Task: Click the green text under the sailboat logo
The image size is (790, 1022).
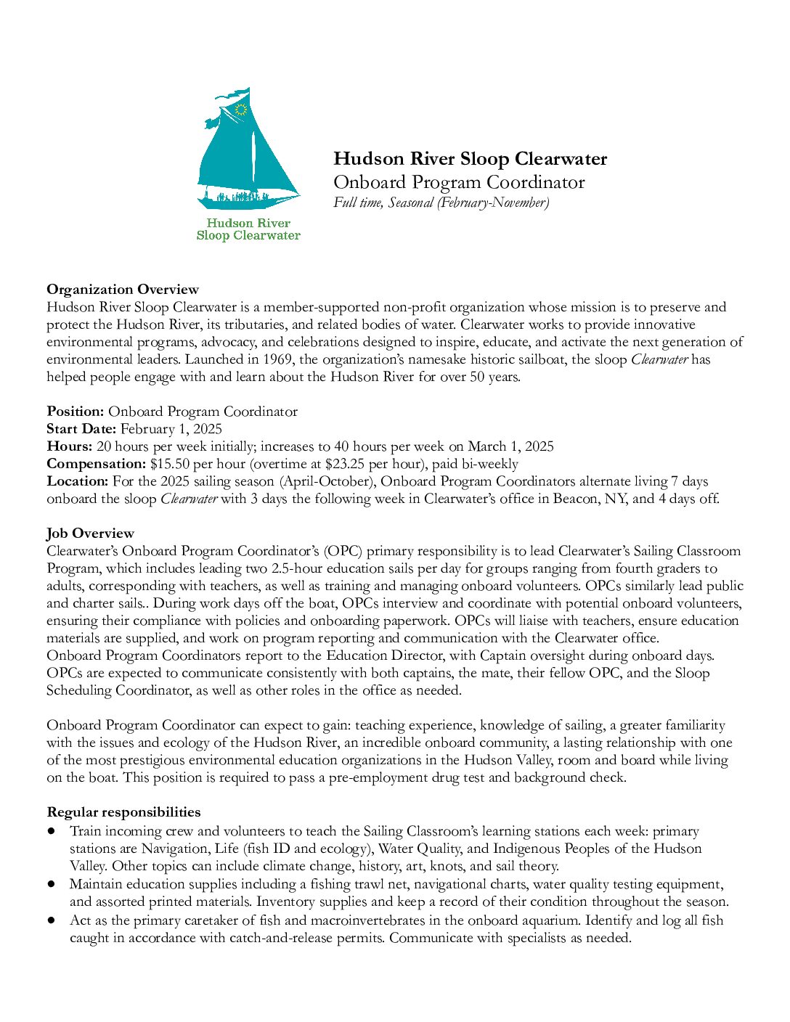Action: coord(248,229)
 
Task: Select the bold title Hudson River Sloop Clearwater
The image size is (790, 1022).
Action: coord(470,159)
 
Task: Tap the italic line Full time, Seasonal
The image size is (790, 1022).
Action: coord(441,203)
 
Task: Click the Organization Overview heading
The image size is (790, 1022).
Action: coord(123,290)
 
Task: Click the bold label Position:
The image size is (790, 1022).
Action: coord(76,412)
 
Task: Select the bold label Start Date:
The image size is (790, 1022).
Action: coord(81,429)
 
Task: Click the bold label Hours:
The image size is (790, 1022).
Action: coord(70,446)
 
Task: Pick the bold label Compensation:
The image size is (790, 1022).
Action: coord(97,464)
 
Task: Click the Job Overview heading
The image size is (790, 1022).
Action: coord(91,534)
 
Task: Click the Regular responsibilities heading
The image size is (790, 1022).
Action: coord(123,812)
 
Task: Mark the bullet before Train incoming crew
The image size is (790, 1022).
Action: coord(52,830)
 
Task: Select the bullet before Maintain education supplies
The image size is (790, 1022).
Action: coord(52,884)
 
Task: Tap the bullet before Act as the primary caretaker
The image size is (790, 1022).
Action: coord(52,920)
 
